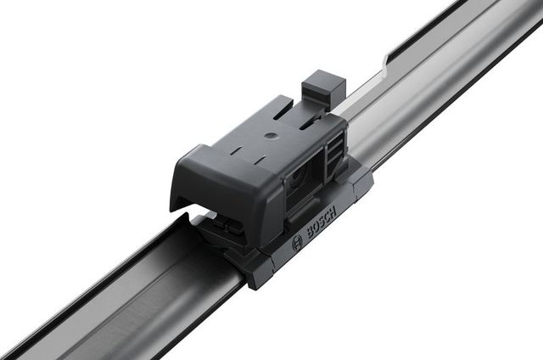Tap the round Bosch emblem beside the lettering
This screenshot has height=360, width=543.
tap(297, 244)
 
